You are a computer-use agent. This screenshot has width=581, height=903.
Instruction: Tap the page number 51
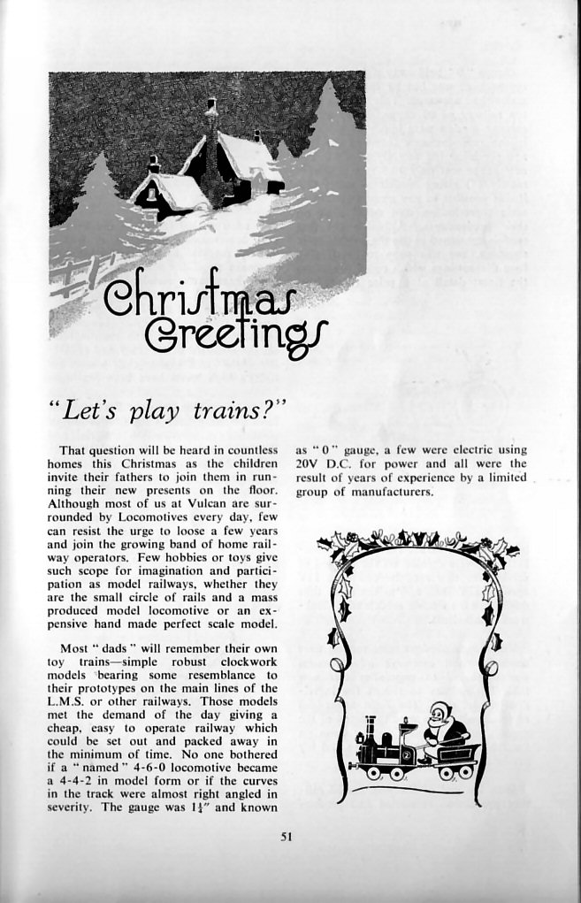286,837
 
